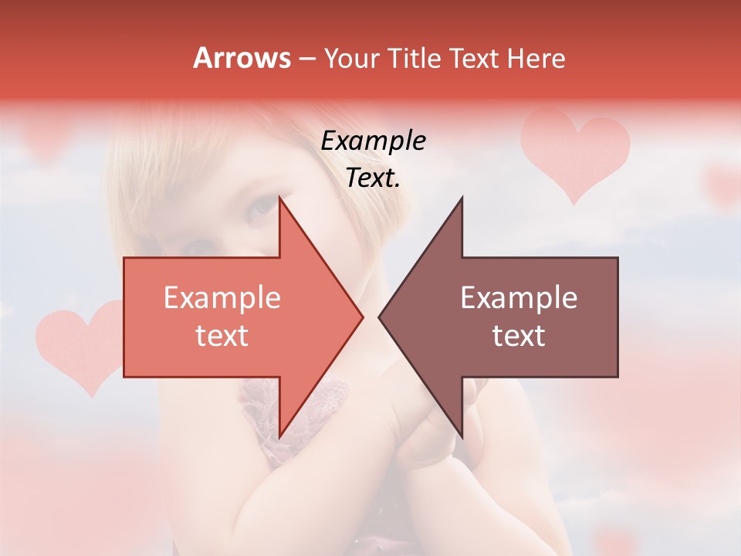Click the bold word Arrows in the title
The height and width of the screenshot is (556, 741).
242,58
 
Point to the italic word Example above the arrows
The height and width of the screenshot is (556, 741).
374,141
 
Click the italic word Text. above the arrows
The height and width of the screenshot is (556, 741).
374,178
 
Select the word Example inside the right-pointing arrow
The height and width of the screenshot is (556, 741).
222,298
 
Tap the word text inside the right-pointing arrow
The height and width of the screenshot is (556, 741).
222,336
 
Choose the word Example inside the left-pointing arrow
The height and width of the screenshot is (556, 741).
519,298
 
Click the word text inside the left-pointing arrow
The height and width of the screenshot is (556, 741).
519,336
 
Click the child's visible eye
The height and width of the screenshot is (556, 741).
260,206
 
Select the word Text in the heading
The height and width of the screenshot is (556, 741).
478,58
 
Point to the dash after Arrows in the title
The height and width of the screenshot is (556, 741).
306,59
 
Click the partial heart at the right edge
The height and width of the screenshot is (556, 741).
726,185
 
